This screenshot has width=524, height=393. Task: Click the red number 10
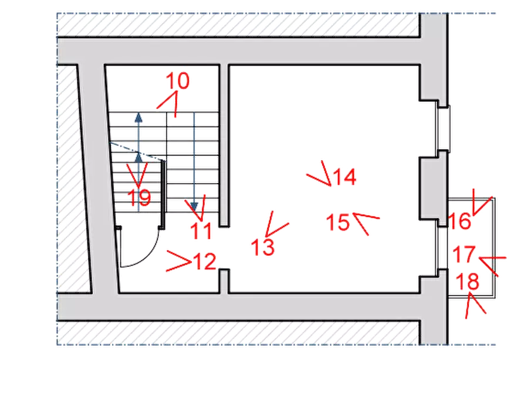click(178, 80)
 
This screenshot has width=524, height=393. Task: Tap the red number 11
click(201, 231)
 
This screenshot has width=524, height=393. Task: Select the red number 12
click(205, 262)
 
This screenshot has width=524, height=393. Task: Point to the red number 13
click(263, 248)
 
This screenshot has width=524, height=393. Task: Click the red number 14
click(345, 177)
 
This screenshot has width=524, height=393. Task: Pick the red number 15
click(338, 222)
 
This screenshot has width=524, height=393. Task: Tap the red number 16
click(459, 221)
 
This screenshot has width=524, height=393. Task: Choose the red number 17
click(464, 254)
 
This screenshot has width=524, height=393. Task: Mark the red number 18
click(467, 281)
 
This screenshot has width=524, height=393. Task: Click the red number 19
click(139, 198)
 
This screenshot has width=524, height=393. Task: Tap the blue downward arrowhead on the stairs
click(194, 206)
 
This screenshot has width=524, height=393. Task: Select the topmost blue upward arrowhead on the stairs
click(138, 117)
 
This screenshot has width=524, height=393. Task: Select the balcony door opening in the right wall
click(442, 248)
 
